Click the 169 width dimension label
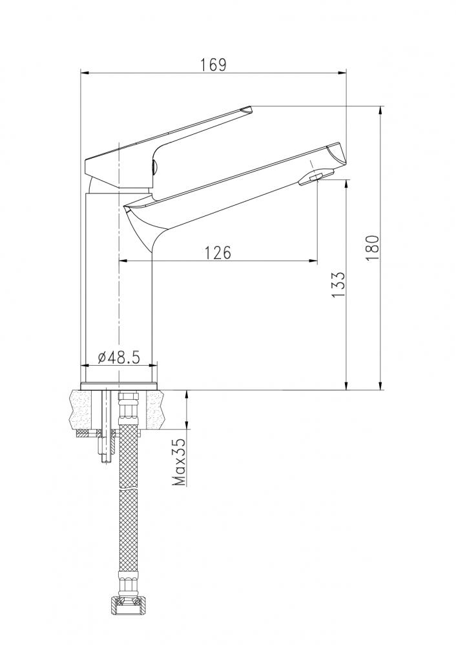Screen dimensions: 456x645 [x=213, y=64]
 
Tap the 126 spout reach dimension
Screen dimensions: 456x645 [x=218, y=253]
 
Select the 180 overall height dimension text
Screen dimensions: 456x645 [x=372, y=248]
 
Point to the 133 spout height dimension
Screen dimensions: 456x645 [x=338, y=284]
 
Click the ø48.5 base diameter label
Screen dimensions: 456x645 [x=119, y=357]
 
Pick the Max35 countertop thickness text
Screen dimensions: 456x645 [x=180, y=462]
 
